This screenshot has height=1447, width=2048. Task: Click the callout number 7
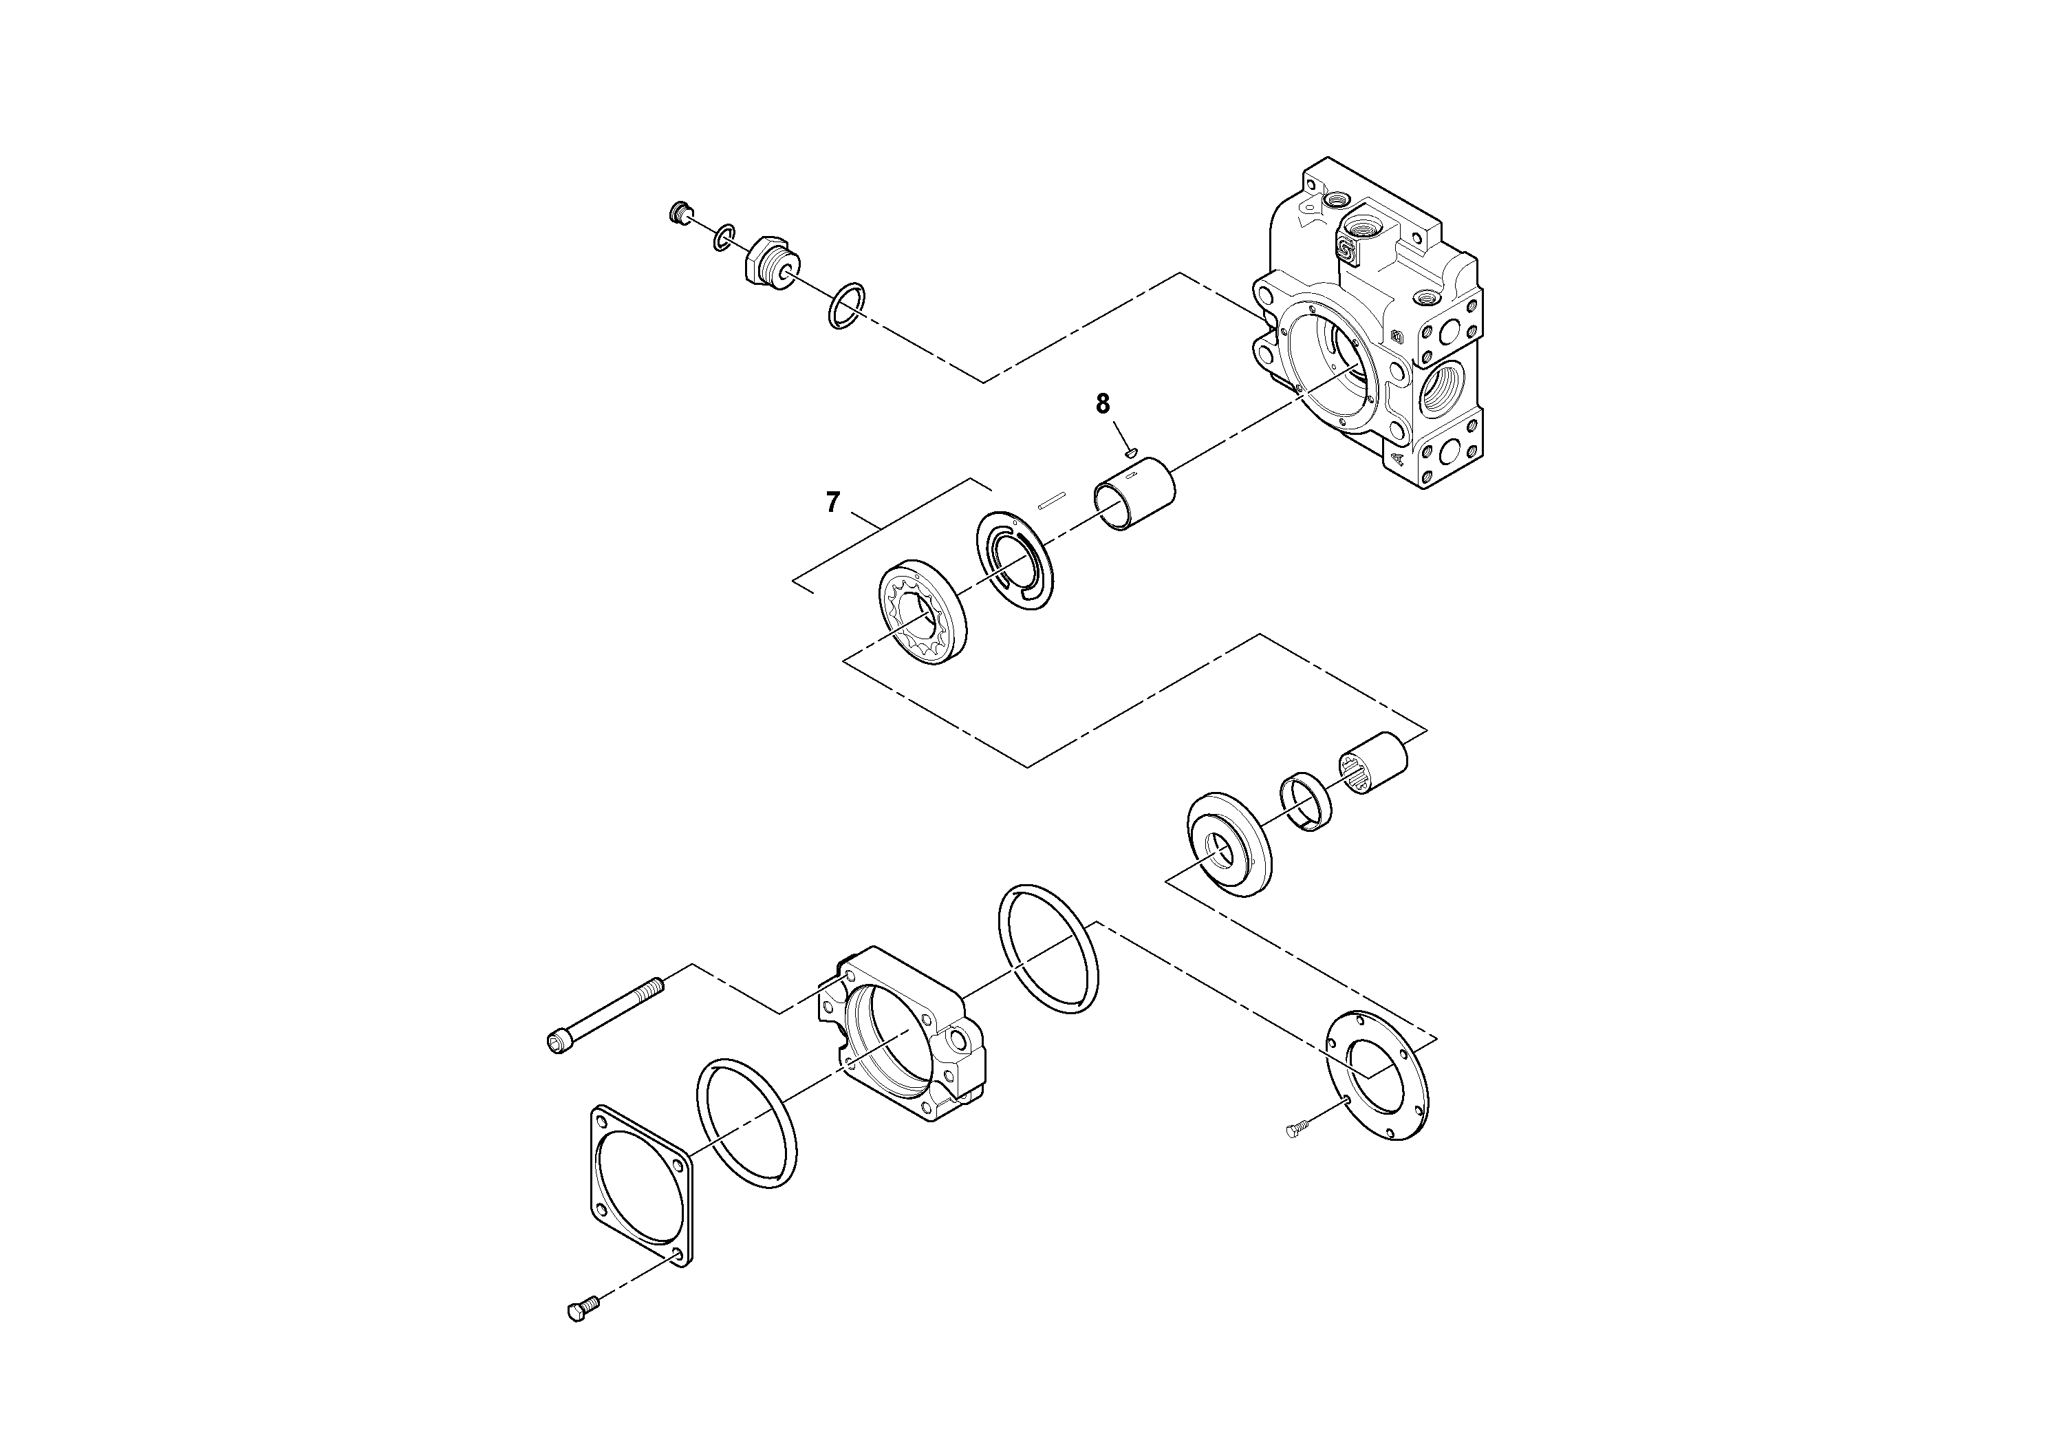832,503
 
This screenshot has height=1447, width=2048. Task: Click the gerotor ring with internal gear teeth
923,610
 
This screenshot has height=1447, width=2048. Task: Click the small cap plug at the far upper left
680,213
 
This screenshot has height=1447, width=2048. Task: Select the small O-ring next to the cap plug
724,237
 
